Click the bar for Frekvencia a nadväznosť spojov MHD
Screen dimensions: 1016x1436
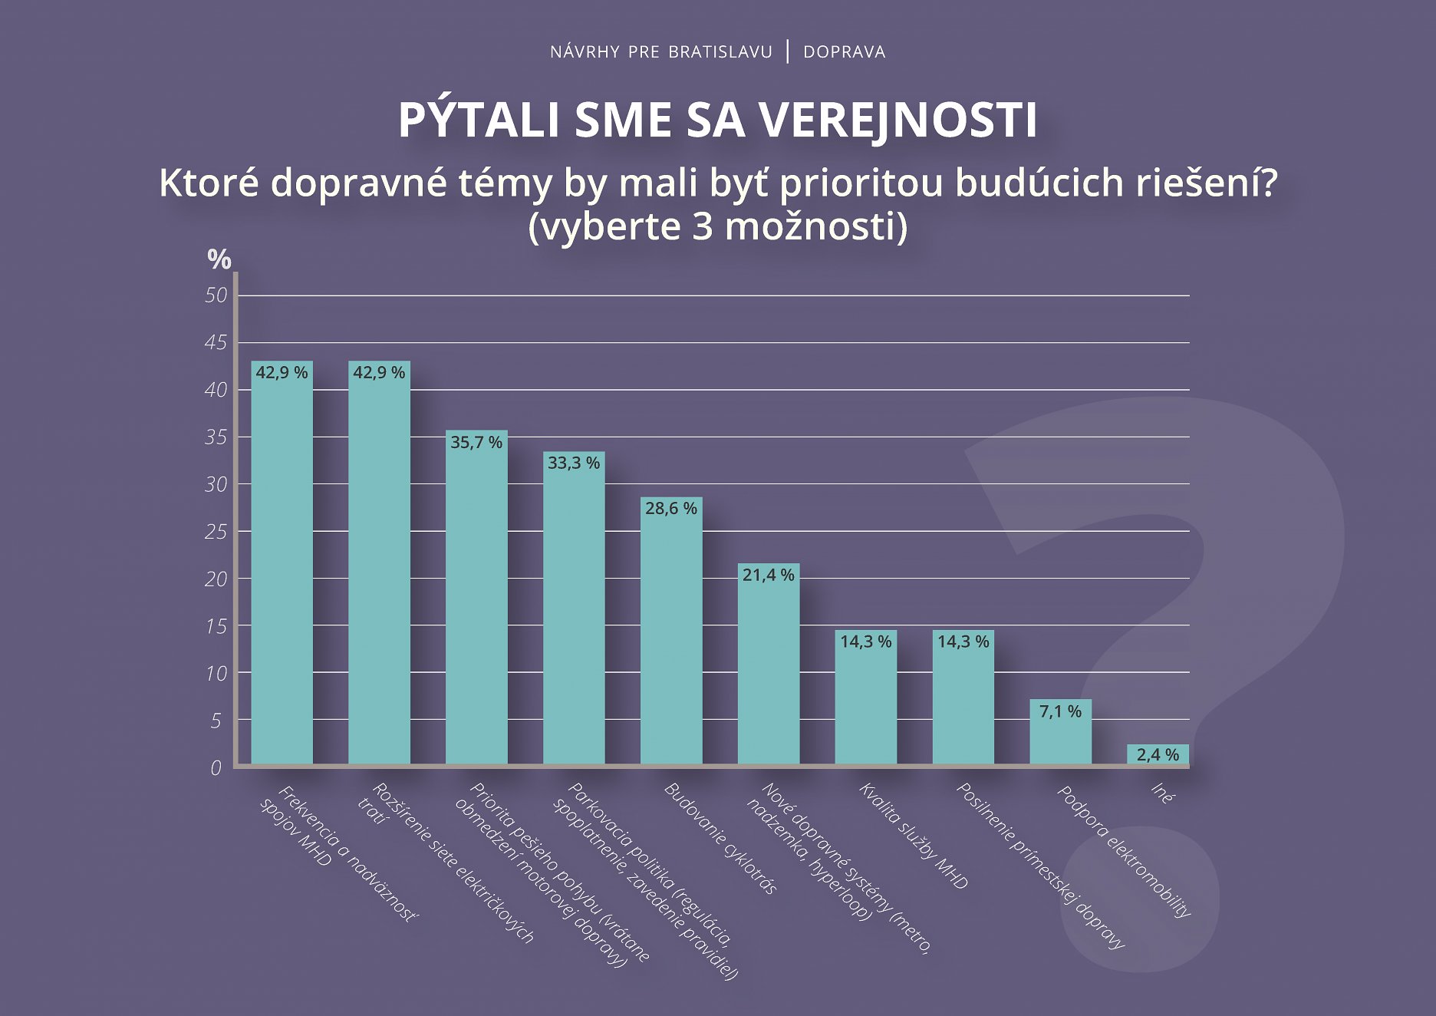[282, 568]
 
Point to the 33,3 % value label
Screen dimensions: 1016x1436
[574, 463]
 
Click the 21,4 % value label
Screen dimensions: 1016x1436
[768, 575]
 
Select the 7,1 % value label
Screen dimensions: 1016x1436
[1060, 711]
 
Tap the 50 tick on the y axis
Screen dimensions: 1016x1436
[216, 295]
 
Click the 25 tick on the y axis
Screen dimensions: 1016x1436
[216, 531]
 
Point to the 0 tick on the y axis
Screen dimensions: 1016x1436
[216, 767]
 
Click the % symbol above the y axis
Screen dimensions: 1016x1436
[219, 259]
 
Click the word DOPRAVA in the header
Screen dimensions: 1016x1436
[844, 52]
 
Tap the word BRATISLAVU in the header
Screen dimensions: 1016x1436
[720, 52]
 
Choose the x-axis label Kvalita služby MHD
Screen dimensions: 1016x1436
[913, 836]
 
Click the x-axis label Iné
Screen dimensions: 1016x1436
[1162, 793]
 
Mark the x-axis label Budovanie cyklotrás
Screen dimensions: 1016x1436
[720, 838]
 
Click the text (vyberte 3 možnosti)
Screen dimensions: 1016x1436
[717, 226]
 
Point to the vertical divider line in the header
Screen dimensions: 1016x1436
[788, 51]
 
